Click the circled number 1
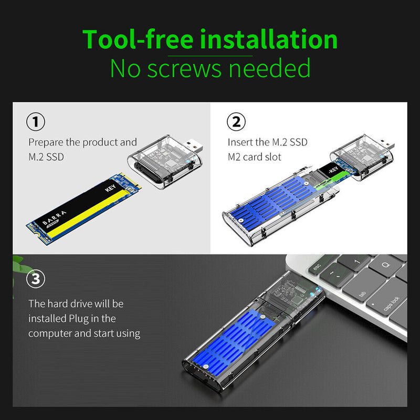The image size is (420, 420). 35,122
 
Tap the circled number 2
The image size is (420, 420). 236,122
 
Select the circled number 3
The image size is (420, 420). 35,278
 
